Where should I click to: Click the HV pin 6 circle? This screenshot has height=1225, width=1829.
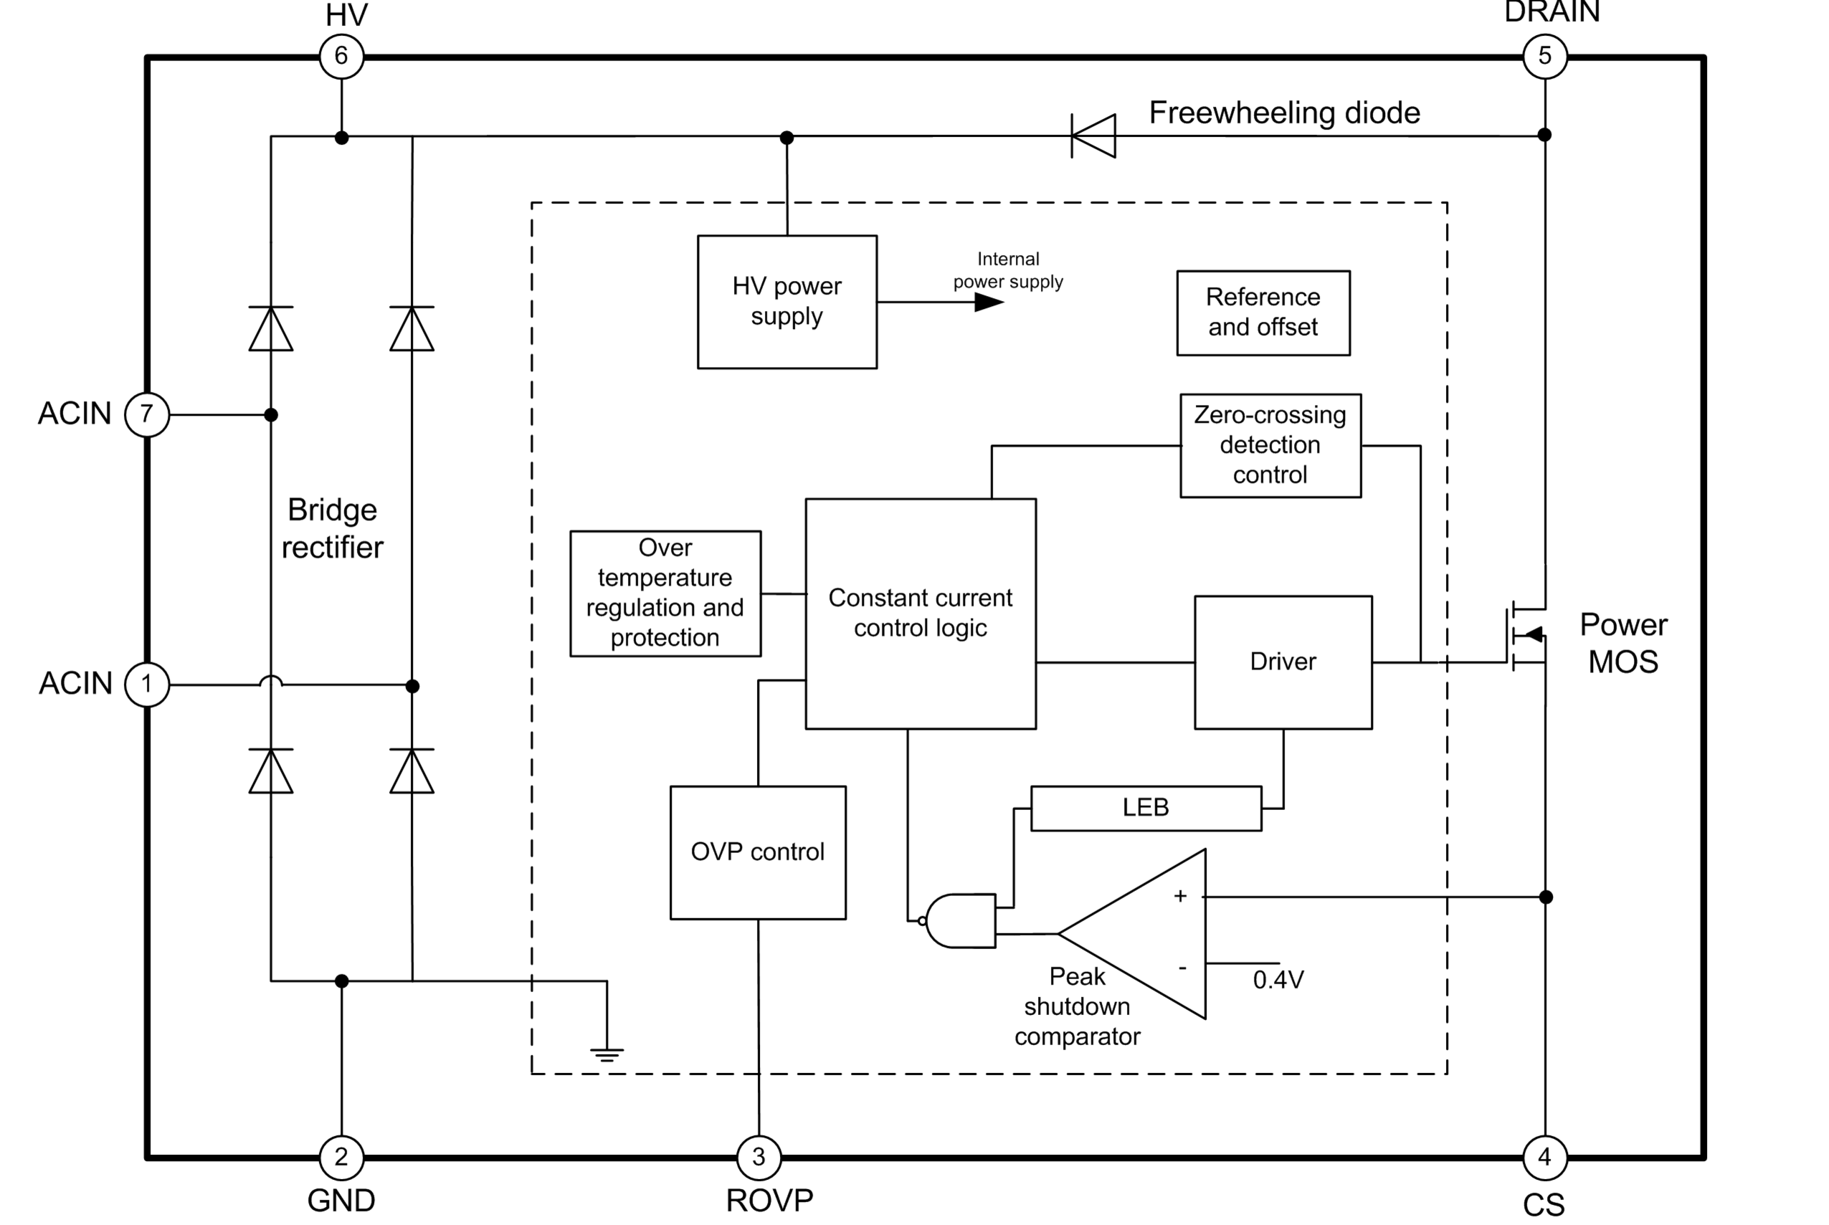pos(341,56)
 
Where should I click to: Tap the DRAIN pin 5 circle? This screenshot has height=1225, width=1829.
pos(1544,56)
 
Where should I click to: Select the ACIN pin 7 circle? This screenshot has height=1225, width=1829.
pos(147,414)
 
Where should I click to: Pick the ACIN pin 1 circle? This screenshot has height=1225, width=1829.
pos(147,685)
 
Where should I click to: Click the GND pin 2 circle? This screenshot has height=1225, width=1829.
pos(341,1157)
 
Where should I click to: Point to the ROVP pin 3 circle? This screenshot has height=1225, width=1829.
pos(759,1157)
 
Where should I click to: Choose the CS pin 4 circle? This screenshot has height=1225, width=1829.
pos(1544,1157)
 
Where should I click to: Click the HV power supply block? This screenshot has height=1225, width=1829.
pos(787,302)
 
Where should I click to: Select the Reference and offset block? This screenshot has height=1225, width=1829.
pos(1263,313)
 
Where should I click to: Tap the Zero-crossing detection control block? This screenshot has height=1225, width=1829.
pos(1270,445)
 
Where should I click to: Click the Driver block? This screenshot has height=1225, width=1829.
pos(1283,662)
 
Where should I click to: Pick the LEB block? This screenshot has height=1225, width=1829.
pos(1146,808)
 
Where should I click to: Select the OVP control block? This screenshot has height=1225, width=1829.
pos(758,852)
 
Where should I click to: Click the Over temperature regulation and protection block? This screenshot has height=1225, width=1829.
pos(665,593)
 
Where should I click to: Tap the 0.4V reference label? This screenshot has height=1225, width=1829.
pos(1278,980)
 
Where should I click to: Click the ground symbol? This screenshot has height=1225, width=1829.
pos(607,1054)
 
